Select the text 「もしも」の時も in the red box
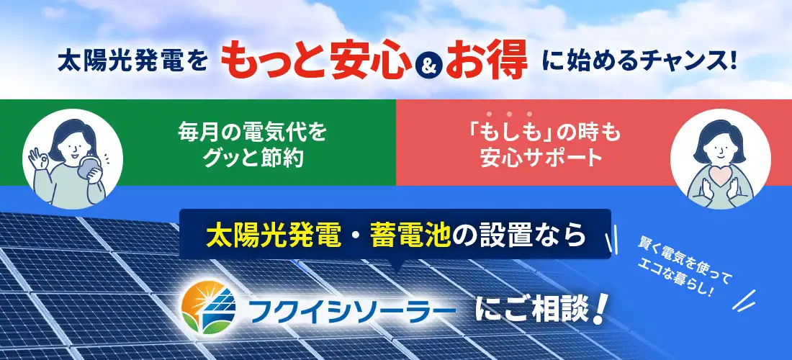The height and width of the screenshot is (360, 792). (540, 133)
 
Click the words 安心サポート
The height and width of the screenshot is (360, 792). (540, 158)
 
